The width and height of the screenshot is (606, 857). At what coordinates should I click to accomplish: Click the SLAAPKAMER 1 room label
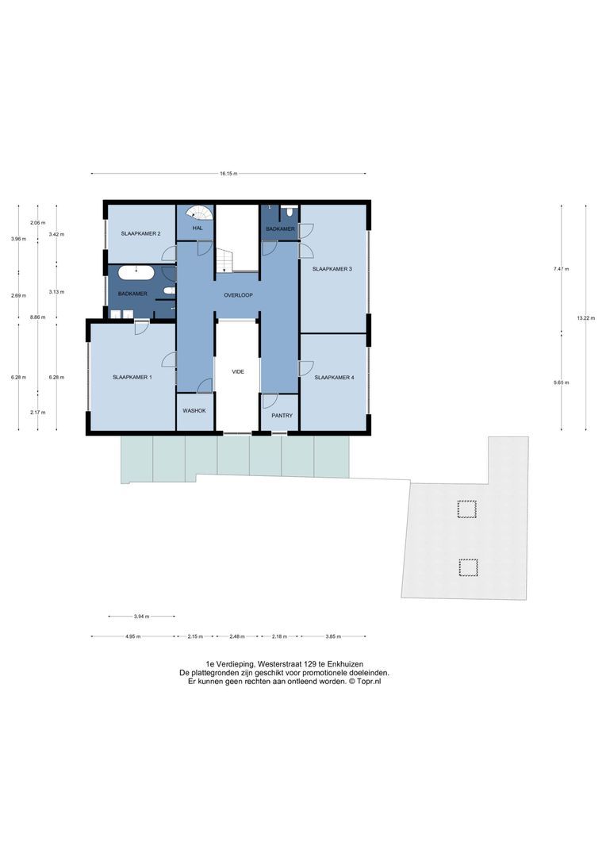pyautogui.click(x=132, y=377)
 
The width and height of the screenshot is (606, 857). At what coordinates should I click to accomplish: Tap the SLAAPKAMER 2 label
pyautogui.click(x=141, y=233)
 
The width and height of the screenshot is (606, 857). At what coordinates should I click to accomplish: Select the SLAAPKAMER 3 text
pyautogui.click(x=332, y=269)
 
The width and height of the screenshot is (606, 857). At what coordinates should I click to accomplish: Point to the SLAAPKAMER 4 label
pyautogui.click(x=334, y=378)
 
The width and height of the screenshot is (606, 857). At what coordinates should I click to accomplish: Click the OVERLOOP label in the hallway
pyautogui.click(x=237, y=294)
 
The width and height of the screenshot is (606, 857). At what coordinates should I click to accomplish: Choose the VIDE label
pyautogui.click(x=237, y=371)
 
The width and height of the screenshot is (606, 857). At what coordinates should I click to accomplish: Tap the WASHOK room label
pyautogui.click(x=194, y=410)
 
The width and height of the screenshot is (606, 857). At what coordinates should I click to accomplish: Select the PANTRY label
pyautogui.click(x=282, y=415)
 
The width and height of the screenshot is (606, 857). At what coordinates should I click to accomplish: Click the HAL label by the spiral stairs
pyautogui.click(x=198, y=228)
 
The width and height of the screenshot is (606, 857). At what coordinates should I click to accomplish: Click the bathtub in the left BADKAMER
pyautogui.click(x=136, y=274)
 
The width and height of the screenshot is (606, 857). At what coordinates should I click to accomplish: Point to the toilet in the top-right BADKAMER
pyautogui.click(x=290, y=212)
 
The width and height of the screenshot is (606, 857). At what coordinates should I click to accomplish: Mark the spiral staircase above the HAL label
pyautogui.click(x=202, y=213)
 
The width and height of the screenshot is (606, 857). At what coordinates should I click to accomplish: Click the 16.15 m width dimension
pyautogui.click(x=228, y=173)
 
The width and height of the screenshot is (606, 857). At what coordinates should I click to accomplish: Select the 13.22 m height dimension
pyautogui.click(x=585, y=317)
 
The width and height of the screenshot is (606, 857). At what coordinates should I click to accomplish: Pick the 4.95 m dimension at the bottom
pyautogui.click(x=132, y=636)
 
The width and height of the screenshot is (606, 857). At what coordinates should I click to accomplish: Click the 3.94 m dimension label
pyautogui.click(x=141, y=616)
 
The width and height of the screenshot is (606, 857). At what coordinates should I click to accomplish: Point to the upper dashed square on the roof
pyautogui.click(x=468, y=509)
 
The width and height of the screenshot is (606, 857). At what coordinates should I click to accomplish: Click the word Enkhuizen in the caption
pyautogui.click(x=344, y=663)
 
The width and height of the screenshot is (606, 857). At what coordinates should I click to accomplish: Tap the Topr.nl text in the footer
pyautogui.click(x=366, y=681)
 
